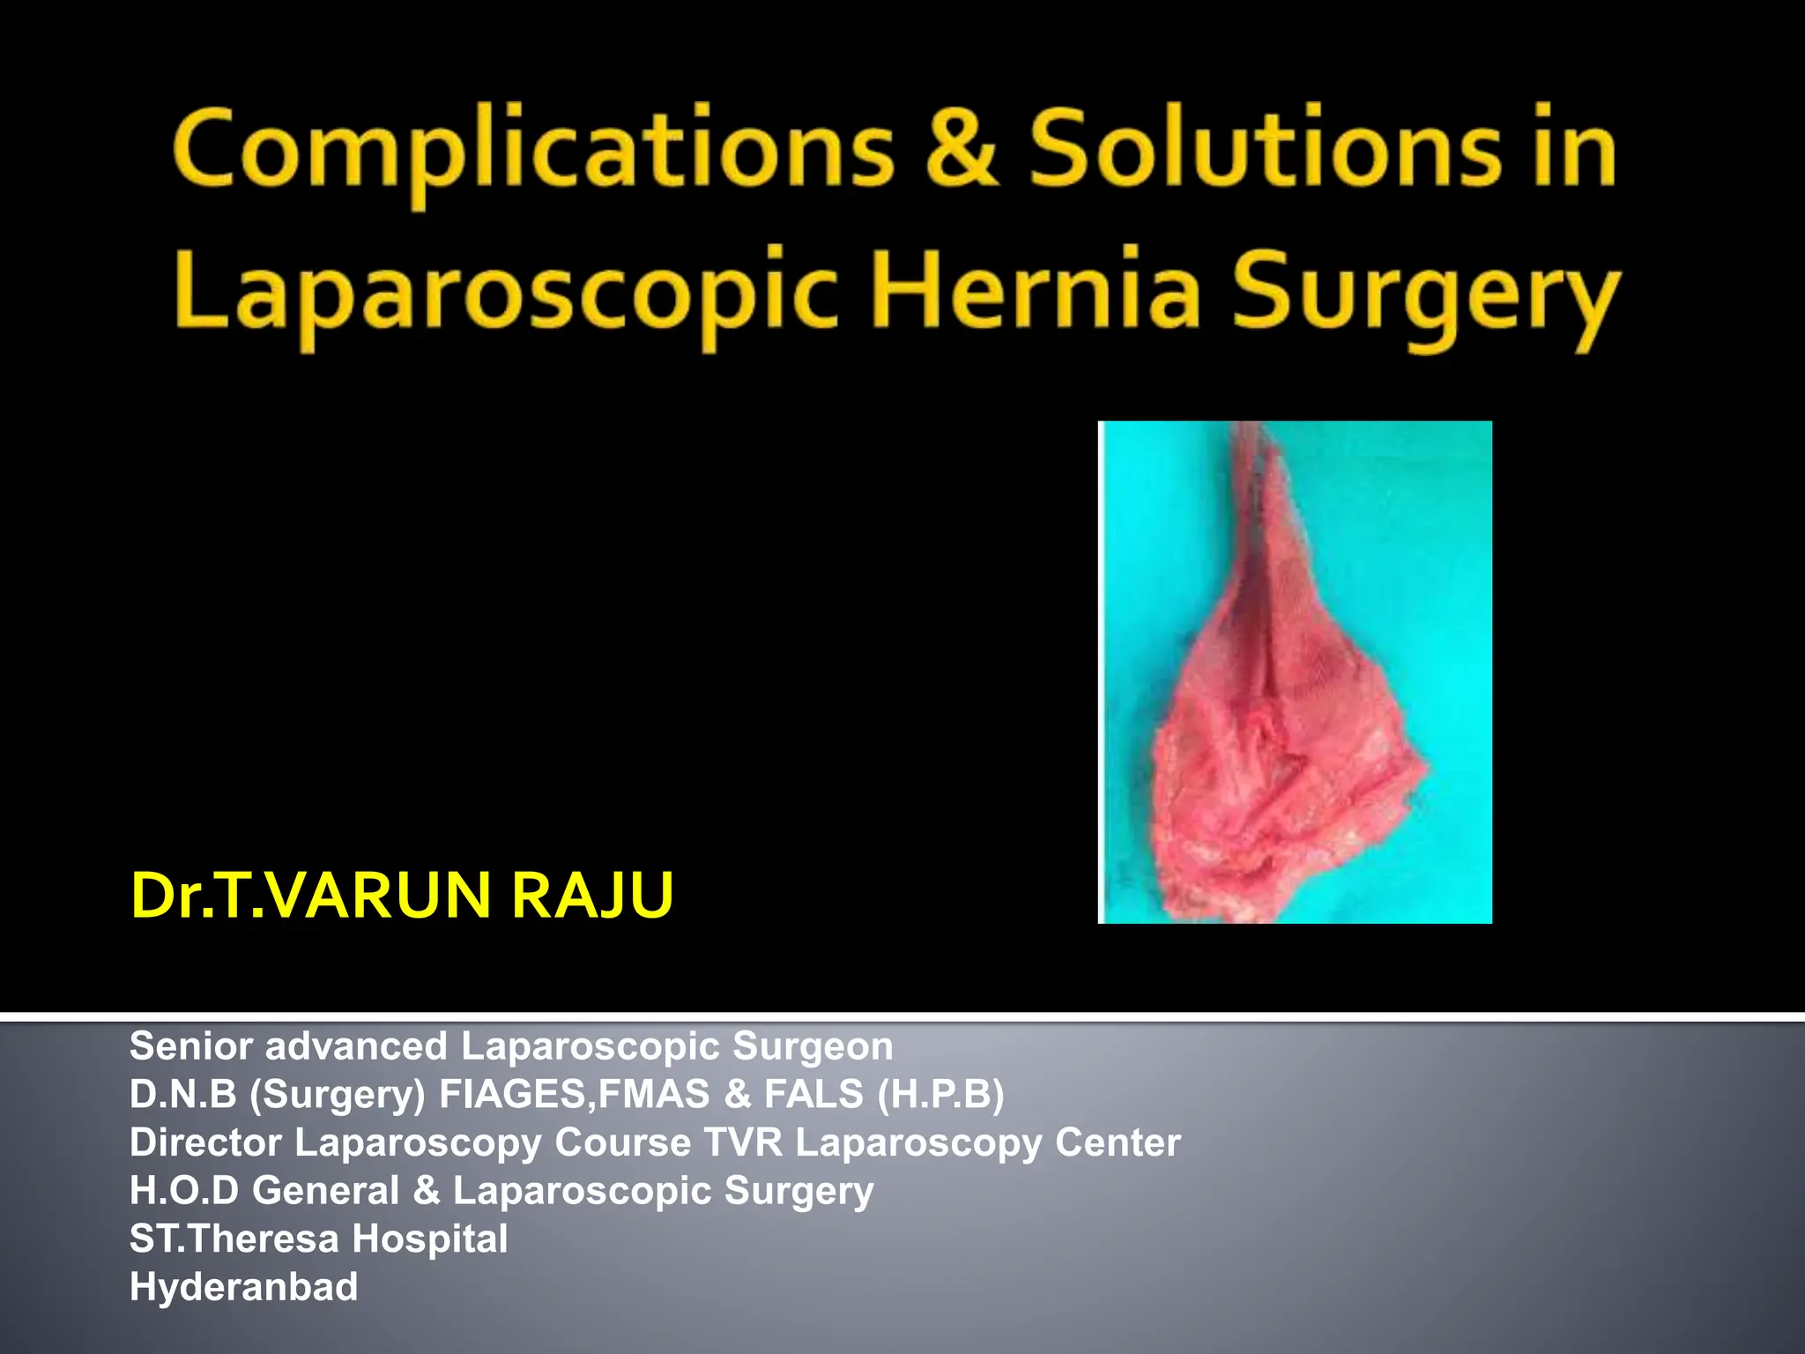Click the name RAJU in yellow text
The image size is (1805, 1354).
pyautogui.click(x=592, y=896)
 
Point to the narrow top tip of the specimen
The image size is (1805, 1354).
pyautogui.click(x=1252, y=441)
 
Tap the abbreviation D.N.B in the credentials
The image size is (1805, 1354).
pyautogui.click(x=182, y=1095)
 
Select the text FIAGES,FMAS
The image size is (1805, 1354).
pyautogui.click(x=574, y=1095)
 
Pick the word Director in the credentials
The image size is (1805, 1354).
pyautogui.click(x=205, y=1142)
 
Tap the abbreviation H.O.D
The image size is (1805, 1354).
pyautogui.click(x=184, y=1191)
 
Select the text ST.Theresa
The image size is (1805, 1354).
pyautogui.click(x=234, y=1239)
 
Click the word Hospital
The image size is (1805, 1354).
pyautogui.click(x=430, y=1239)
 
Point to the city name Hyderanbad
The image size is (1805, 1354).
pyautogui.click(x=243, y=1287)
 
